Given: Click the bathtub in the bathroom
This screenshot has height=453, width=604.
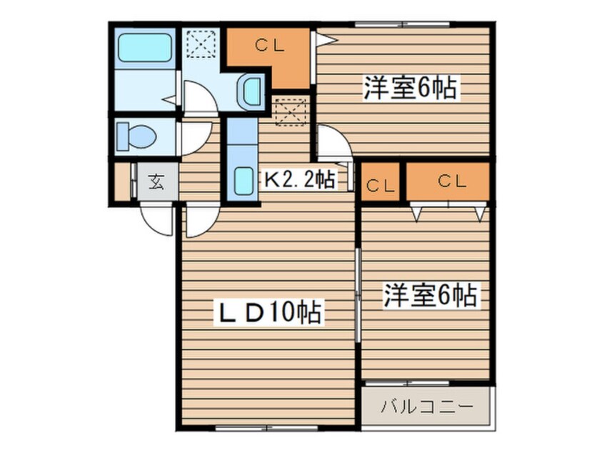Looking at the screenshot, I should (145, 47).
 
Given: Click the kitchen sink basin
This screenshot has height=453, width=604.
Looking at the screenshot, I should (243, 185).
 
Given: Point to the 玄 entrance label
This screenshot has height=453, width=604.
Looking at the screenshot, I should (156, 183).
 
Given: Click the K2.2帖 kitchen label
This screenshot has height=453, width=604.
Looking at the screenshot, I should (299, 179).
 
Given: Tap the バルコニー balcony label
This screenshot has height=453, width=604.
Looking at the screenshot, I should (426, 409).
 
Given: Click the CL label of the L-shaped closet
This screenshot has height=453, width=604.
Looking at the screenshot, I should (271, 47).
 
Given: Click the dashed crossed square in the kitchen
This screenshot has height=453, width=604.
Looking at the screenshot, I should (289, 111).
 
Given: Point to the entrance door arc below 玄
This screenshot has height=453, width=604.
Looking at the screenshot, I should (158, 220).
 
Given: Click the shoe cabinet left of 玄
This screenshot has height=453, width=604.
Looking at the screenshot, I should (122, 183).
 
